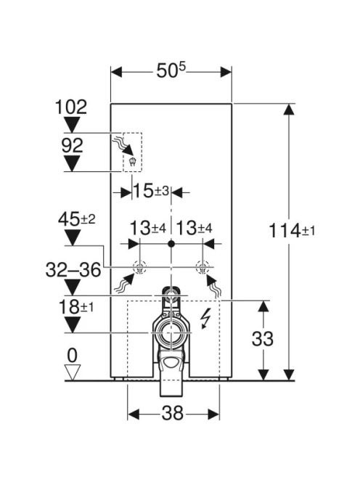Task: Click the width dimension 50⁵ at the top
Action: (x=171, y=71)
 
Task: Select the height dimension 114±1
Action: (x=292, y=231)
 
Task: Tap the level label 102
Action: (x=71, y=107)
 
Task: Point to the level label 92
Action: (x=73, y=145)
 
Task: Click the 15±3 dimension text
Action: (x=151, y=191)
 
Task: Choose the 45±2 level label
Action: (x=77, y=219)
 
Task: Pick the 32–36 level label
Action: (x=73, y=270)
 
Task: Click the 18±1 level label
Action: (x=76, y=307)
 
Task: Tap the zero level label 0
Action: (x=73, y=356)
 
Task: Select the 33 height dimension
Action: (x=262, y=339)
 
